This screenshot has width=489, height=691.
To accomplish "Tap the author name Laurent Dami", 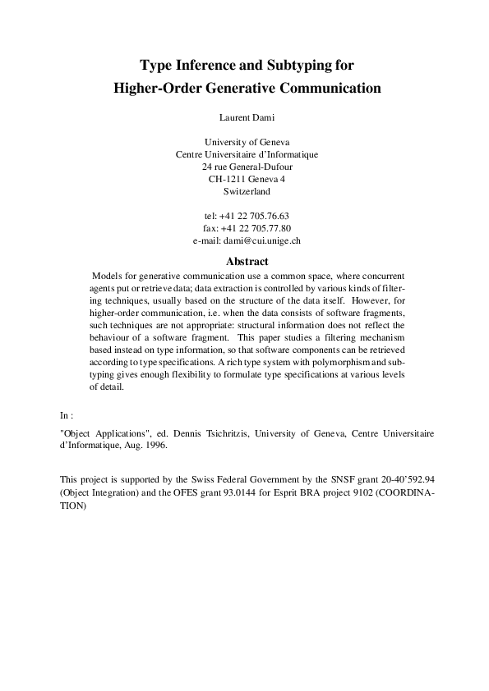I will point(247,117).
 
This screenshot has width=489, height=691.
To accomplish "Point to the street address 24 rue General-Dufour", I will point(247,167).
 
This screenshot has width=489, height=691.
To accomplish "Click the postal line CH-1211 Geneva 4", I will point(247,179).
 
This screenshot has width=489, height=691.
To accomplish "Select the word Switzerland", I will point(247,191).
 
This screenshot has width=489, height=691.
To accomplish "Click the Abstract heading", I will point(247,261).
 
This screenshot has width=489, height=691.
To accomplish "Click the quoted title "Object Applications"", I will point(105,432).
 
